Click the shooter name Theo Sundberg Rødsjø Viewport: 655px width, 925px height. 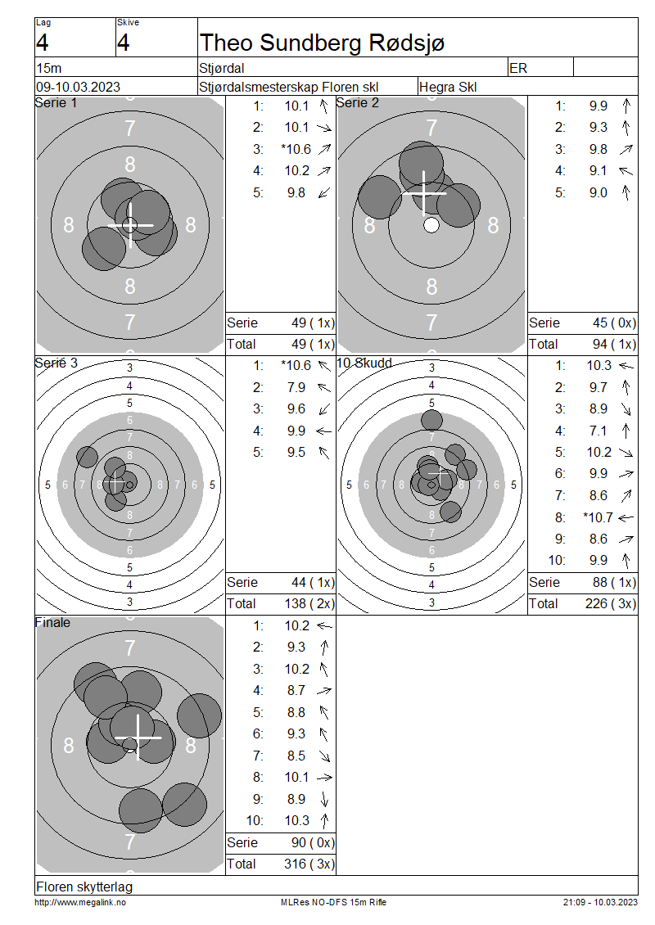tap(323, 43)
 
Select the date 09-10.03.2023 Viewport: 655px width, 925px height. tap(78, 87)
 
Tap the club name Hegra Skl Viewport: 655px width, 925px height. tap(448, 87)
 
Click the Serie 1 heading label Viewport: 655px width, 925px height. tap(56, 102)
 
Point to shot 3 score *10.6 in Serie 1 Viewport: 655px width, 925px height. tap(296, 149)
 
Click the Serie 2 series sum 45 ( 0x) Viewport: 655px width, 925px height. tap(614, 323)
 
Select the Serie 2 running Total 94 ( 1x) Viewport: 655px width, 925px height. tap(614, 344)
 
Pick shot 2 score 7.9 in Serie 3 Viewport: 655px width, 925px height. tap(296, 387)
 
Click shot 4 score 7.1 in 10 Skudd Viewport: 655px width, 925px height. tap(598, 431)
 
